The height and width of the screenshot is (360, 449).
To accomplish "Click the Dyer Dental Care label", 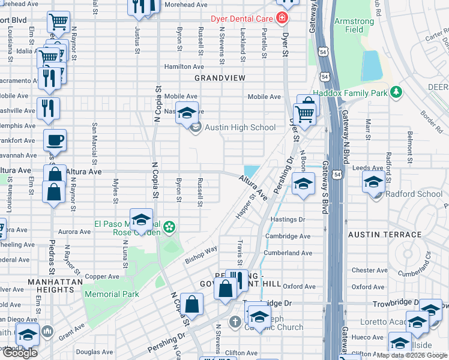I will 242,18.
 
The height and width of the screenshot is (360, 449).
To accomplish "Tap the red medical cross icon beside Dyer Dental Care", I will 282,18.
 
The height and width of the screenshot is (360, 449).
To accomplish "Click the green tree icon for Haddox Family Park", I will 396,91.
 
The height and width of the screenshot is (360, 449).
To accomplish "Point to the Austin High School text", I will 240,127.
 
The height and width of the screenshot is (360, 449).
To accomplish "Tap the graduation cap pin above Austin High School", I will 187,112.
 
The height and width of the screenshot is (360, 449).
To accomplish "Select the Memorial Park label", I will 112,294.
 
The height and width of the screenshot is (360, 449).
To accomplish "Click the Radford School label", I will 414,194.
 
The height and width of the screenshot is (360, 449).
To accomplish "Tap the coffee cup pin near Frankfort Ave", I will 55,141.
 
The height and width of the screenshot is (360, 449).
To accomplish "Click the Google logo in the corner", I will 19,353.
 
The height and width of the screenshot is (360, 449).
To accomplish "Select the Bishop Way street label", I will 200,254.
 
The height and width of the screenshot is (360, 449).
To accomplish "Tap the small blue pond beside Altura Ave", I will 252,171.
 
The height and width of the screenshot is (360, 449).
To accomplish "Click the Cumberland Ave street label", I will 288,253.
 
